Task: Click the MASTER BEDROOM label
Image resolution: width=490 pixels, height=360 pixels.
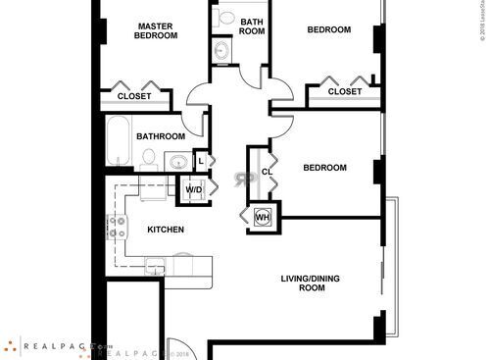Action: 156,30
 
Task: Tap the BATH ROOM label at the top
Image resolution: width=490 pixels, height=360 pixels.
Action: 252,26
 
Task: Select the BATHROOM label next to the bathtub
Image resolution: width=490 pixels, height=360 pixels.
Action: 161,136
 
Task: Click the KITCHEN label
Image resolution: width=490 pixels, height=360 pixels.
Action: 166,230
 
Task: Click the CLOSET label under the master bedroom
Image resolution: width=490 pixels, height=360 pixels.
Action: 134,96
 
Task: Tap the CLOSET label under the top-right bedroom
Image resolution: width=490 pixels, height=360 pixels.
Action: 344,91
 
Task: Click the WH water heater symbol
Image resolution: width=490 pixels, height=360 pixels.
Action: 262,217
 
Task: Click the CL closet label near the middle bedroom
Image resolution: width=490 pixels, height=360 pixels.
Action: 266,173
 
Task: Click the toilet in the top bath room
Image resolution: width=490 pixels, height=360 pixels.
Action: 226,18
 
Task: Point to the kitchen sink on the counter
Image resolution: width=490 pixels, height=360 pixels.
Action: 155,264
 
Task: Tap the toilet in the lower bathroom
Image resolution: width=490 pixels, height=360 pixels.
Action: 148,157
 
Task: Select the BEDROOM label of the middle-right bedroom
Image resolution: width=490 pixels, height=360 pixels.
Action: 324,168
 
